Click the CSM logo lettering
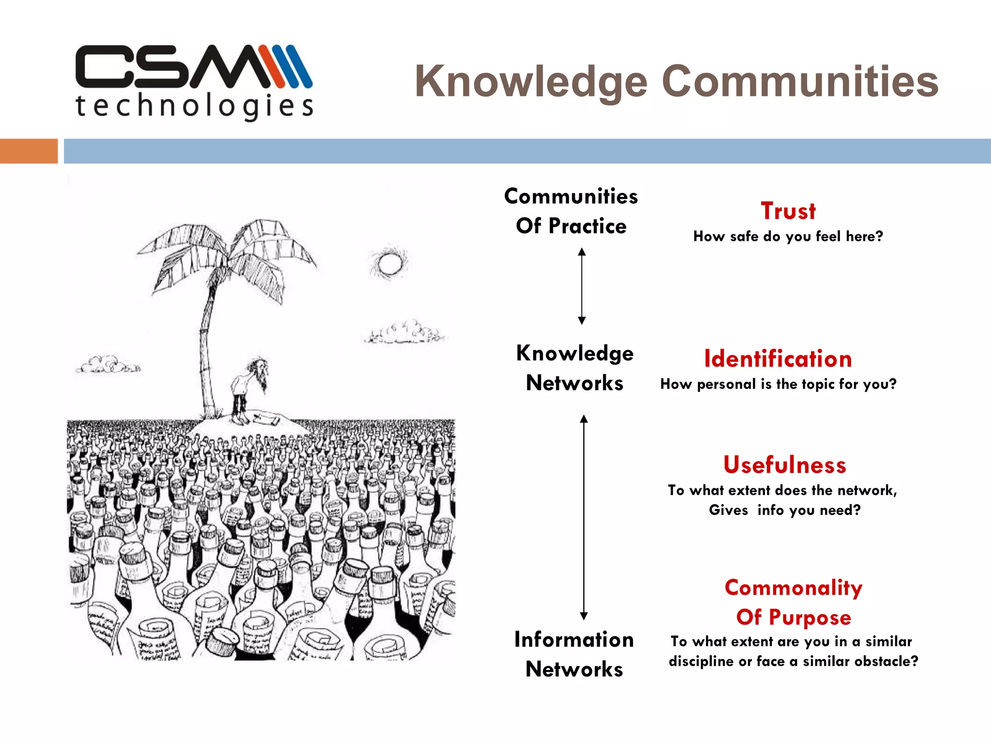(194, 67)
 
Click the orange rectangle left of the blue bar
(29, 151)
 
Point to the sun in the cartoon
(390, 264)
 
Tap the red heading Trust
(788, 211)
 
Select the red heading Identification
(778, 359)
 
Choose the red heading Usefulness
(784, 465)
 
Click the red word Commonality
(793, 588)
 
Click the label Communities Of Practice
(571, 211)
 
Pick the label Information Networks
(574, 654)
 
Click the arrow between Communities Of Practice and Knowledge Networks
(582, 286)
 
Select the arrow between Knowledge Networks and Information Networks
(584, 517)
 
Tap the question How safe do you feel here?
(788, 236)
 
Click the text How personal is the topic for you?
(778, 384)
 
